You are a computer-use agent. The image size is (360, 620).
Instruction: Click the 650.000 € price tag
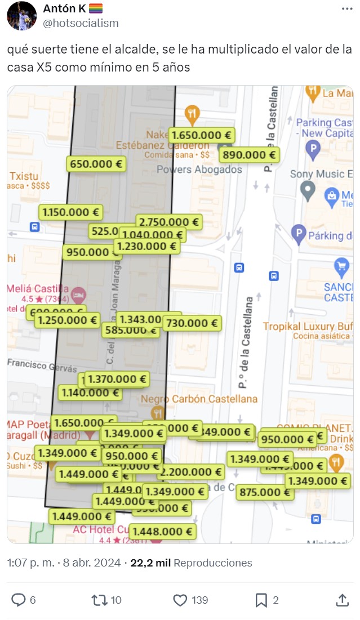pyautogui.click(x=96, y=164)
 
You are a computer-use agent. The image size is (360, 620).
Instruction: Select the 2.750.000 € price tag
pyautogui.click(x=169, y=222)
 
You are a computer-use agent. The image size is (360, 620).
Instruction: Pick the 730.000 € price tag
pyautogui.click(x=192, y=323)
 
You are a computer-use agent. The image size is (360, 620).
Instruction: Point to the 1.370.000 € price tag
pyautogui.click(x=117, y=379)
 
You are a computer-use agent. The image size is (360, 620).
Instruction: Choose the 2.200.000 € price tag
pyautogui.click(x=191, y=471)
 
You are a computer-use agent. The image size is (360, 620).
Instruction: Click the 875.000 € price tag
pyautogui.click(x=264, y=492)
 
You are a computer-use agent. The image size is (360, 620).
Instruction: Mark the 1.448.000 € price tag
pyautogui.click(x=162, y=531)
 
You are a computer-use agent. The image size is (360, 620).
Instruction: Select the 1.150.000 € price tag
pyautogui.click(x=71, y=212)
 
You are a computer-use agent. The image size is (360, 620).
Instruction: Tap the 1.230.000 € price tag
pyautogui.click(x=146, y=246)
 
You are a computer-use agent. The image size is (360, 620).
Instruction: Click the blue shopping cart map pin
pyautogui.click(x=341, y=265)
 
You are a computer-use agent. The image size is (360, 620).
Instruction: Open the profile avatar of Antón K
pyautogui.click(x=21, y=16)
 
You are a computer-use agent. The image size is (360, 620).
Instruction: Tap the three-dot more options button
pyautogui.click(x=348, y=9)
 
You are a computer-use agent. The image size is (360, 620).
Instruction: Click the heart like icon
pyautogui.click(x=180, y=600)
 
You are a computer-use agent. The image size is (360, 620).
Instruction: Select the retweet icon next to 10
pyautogui.click(x=99, y=600)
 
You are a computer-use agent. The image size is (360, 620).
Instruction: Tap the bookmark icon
pyautogui.click(x=261, y=600)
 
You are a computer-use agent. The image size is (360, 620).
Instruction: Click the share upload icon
pyautogui.click(x=342, y=600)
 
